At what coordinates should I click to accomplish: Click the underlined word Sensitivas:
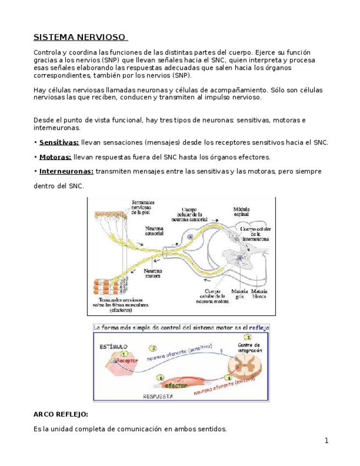coord(59,142)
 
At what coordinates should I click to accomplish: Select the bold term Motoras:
coord(55,157)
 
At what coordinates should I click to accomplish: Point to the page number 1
coord(326,441)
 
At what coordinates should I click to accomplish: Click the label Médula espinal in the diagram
coord(242,212)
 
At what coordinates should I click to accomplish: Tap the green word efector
coord(174,386)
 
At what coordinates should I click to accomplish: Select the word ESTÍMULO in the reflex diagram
coord(113,347)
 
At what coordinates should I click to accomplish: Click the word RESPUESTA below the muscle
coord(158,396)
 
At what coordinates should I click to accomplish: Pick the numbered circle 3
coord(247,337)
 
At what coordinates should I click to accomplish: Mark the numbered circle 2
coord(153,348)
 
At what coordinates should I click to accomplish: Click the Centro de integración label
coord(250,347)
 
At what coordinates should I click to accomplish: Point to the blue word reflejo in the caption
coord(258,327)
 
